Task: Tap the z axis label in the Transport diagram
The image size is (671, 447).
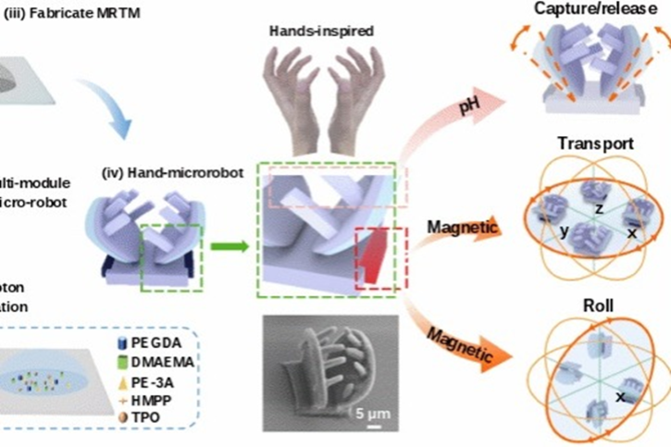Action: click(x=599, y=210)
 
